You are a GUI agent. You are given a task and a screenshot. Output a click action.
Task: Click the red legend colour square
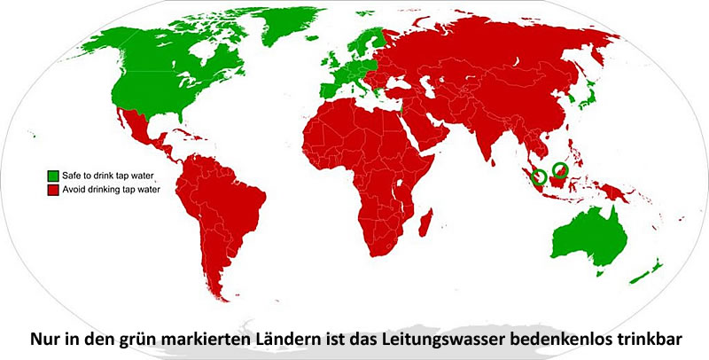(x=53, y=188)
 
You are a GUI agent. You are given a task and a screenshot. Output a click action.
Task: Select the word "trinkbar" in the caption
(x=652, y=339)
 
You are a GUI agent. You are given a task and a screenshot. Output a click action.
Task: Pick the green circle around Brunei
(x=560, y=170)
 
